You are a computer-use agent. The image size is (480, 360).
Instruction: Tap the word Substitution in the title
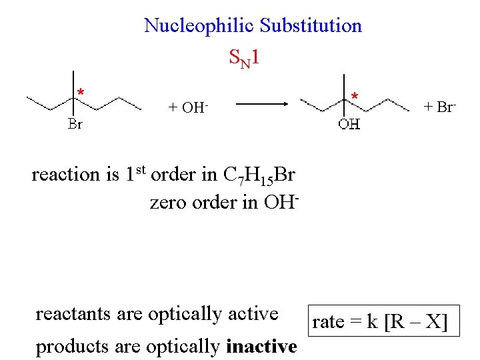coord(311,26)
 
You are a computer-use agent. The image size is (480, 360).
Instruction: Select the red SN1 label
coord(243,59)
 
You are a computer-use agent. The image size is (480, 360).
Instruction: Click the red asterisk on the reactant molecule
coord(80,92)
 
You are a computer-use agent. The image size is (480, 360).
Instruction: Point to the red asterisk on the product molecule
coord(355,97)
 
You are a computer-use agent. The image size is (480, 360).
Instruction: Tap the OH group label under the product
coord(349,124)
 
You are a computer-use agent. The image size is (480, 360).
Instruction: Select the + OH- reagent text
coord(187,107)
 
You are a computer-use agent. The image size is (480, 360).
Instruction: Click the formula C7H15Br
coord(259,175)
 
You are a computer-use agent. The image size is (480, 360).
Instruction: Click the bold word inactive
coord(261,347)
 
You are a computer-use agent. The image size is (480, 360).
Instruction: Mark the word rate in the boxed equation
coord(329,323)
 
